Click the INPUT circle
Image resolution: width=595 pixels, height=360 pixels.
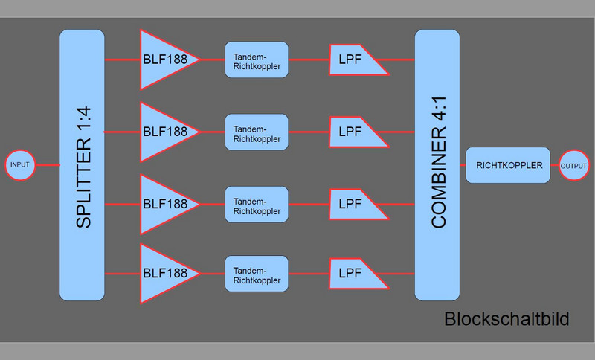pyautogui.click(x=20, y=165)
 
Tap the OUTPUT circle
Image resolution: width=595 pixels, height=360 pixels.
pyautogui.click(x=573, y=165)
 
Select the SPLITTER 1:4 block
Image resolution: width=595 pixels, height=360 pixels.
pyautogui.click(x=82, y=165)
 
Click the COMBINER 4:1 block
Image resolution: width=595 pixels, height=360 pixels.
pyautogui.click(x=437, y=165)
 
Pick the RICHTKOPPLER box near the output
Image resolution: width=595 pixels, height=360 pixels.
pyautogui.click(x=509, y=165)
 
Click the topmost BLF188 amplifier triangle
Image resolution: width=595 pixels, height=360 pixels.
pyautogui.click(x=164, y=60)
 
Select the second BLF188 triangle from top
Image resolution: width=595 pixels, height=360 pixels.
pyautogui.click(x=164, y=132)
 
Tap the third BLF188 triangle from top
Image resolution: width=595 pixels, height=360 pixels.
pyautogui.click(x=164, y=203)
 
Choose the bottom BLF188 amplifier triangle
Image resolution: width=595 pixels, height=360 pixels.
pyautogui.click(x=164, y=274)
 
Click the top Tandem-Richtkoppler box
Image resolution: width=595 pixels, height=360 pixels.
pyautogui.click(x=256, y=60)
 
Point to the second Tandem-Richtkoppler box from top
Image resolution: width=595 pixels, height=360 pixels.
pyautogui.click(x=256, y=132)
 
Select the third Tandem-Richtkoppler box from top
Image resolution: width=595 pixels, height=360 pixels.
pyautogui.click(x=256, y=205)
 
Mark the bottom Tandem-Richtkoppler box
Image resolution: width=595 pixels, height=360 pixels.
pyautogui.click(x=256, y=274)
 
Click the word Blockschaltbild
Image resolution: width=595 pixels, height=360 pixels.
pyautogui.click(x=506, y=320)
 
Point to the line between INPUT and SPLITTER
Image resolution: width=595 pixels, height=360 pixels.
pyautogui.click(x=47, y=165)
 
